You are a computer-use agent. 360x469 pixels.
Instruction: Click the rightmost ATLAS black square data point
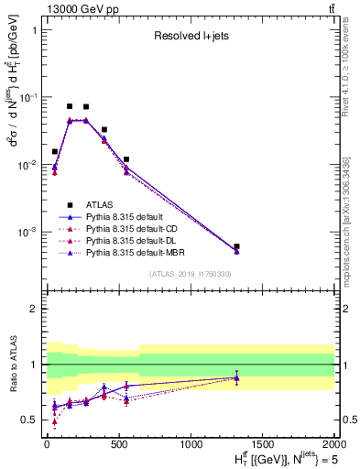(236, 246)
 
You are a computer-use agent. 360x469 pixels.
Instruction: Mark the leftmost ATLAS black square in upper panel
(55, 151)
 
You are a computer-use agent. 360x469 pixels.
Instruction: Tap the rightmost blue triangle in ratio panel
(236, 376)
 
